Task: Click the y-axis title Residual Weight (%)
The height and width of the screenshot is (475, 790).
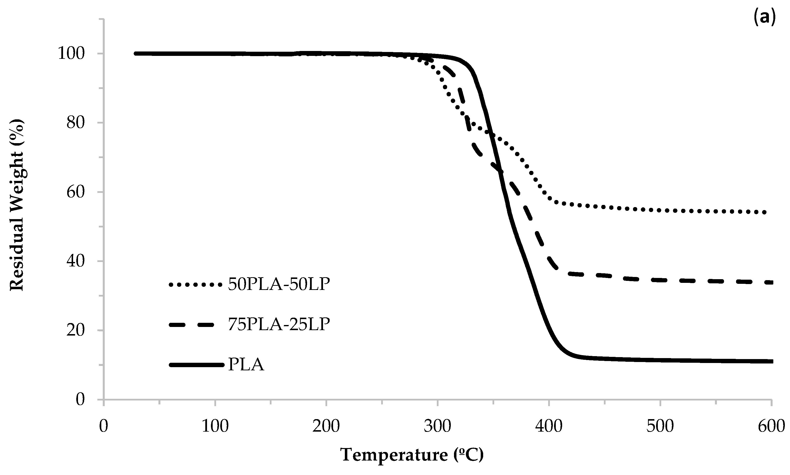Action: [17, 205]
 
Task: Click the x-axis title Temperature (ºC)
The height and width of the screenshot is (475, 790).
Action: [412, 454]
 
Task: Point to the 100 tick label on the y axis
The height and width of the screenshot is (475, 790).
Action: [71, 53]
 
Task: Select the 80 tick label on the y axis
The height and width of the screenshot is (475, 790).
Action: [76, 123]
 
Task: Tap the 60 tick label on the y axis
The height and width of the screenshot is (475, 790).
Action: [76, 192]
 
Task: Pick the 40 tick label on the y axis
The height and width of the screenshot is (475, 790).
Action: [76, 261]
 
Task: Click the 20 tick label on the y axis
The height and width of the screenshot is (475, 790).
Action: [76, 330]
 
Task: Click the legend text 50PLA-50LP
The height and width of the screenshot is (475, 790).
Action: [279, 284]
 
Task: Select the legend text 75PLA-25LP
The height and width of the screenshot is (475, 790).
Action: [279, 324]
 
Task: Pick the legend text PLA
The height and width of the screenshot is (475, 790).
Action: [246, 364]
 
